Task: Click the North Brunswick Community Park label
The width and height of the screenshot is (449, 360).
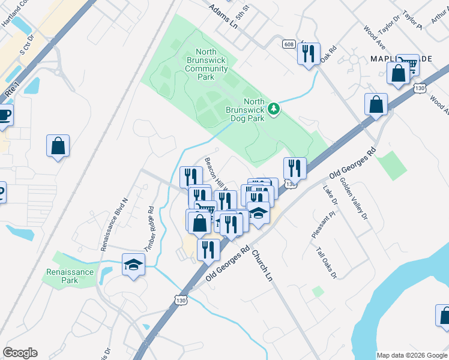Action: (206, 65)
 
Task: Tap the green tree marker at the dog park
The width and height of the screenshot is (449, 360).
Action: (274, 109)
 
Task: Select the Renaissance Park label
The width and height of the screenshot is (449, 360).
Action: (70, 276)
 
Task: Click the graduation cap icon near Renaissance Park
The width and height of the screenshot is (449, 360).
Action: (133, 265)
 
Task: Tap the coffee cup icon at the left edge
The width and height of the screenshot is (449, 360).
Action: (4, 115)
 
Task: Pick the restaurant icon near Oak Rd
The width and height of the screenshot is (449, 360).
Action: (309, 54)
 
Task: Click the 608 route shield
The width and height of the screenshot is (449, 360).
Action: (289, 44)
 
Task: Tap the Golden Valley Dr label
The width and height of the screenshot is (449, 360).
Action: (354, 199)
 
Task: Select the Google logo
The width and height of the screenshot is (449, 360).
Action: (20, 353)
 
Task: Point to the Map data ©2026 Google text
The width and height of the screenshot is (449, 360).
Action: (411, 355)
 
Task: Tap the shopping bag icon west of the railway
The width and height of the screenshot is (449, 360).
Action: (58, 145)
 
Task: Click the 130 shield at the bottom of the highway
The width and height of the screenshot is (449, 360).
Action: (181, 298)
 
